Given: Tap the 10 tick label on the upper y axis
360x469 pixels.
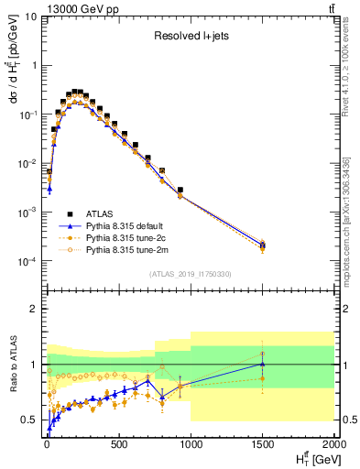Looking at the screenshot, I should click(x=30, y=16).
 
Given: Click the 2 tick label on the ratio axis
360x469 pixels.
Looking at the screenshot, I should click(x=32, y=309).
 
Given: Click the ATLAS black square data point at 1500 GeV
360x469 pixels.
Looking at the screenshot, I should click(x=263, y=245).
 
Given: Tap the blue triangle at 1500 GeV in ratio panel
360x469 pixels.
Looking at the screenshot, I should click(x=263, y=364).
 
